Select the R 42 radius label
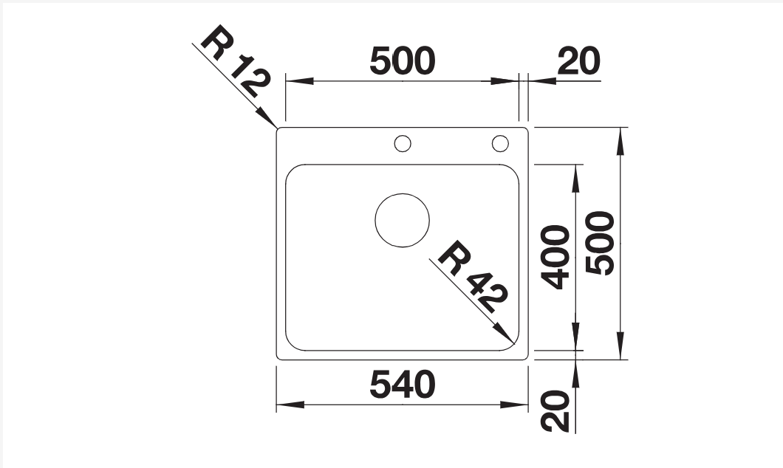[x=473, y=276]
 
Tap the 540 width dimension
[x=403, y=385]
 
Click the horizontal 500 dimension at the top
[x=403, y=61]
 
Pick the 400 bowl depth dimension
[x=555, y=257]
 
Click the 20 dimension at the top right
[x=579, y=61]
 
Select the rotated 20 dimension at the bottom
[x=555, y=410]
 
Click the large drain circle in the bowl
[x=402, y=193]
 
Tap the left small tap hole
[x=403, y=136]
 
